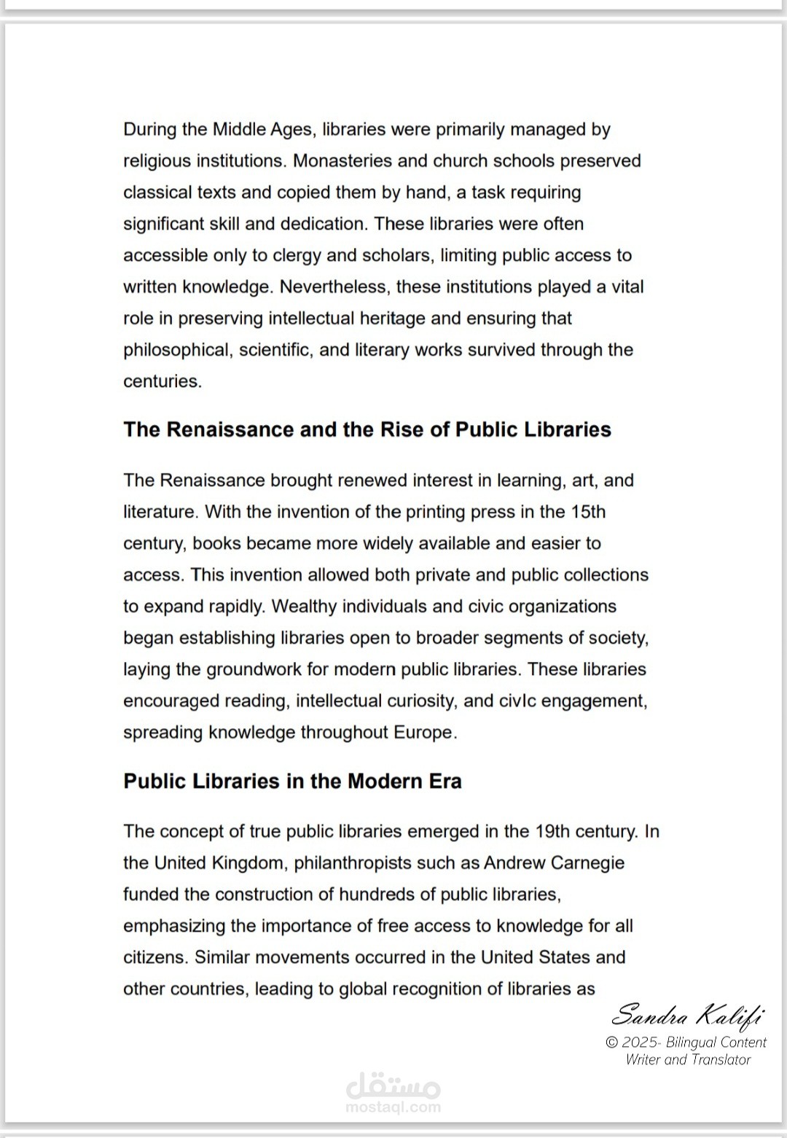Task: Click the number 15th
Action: pyautogui.click(x=588, y=512)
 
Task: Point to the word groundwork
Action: pyautogui.click(x=256, y=669)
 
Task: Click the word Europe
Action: pyautogui.click(x=424, y=733)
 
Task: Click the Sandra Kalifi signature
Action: pyautogui.click(x=687, y=1015)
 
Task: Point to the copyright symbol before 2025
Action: pyautogui.click(x=612, y=1042)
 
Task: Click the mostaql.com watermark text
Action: pyautogui.click(x=393, y=1107)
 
